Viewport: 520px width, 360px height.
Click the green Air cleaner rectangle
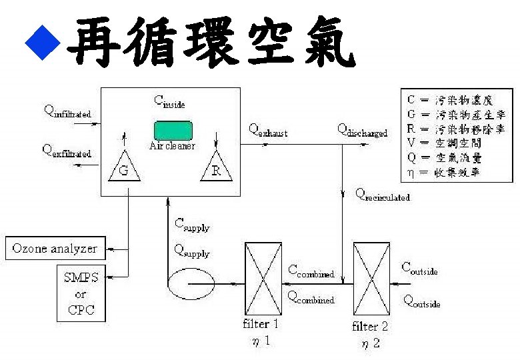coord(173,129)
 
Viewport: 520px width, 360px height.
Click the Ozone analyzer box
coord(55,249)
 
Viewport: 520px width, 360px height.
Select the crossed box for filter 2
coord(371,279)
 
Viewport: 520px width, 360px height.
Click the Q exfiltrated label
coord(67,151)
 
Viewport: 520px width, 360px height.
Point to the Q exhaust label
coord(269,130)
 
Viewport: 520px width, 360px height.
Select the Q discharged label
coord(362,130)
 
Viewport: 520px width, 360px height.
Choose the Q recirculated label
coord(383,195)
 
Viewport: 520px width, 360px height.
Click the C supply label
coord(191,226)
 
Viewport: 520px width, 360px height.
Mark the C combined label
coord(311,271)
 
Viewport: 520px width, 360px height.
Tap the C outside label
coord(419,269)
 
